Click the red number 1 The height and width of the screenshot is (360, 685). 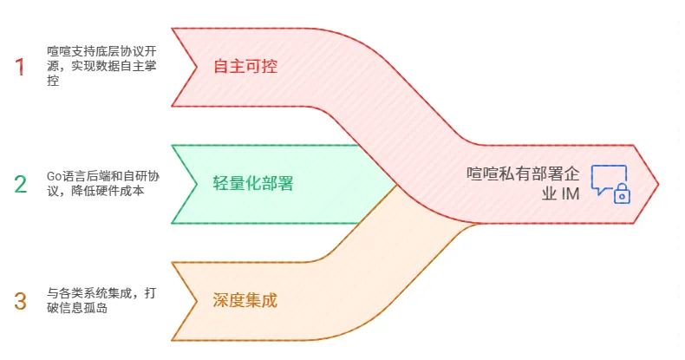click(20, 67)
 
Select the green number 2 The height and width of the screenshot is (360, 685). click(21, 184)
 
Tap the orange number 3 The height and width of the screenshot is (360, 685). click(21, 301)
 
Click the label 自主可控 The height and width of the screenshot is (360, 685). click(245, 66)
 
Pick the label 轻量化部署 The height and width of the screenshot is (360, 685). click(253, 184)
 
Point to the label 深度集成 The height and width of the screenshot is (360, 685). click(245, 301)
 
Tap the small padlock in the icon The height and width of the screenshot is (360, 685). click(622, 195)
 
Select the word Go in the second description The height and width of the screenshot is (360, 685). click(55, 176)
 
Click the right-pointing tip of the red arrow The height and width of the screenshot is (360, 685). click(656, 184)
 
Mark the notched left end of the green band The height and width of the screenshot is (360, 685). click(184, 184)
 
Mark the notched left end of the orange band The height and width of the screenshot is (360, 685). click(184, 301)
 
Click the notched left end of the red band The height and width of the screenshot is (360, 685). click(184, 67)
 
